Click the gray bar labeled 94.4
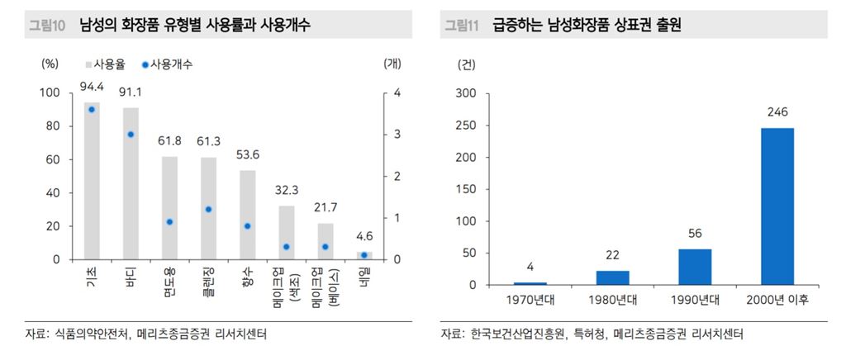pyautogui.click(x=92, y=182)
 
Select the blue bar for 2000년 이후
pyautogui.click(x=777, y=206)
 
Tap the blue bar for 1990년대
pyautogui.click(x=695, y=267)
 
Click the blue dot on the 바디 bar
pyautogui.click(x=130, y=135)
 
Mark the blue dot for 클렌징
pyautogui.click(x=208, y=210)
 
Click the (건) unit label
pyautogui.click(x=467, y=63)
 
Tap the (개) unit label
pyautogui.click(x=393, y=63)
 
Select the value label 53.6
pyautogui.click(x=247, y=154)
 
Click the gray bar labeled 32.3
pyautogui.click(x=286, y=232)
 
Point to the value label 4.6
pyautogui.click(x=364, y=238)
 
